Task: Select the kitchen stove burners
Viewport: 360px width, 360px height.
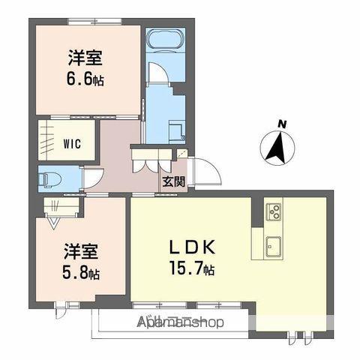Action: [x=274, y=210]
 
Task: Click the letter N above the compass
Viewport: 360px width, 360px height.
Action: [x=282, y=124]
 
